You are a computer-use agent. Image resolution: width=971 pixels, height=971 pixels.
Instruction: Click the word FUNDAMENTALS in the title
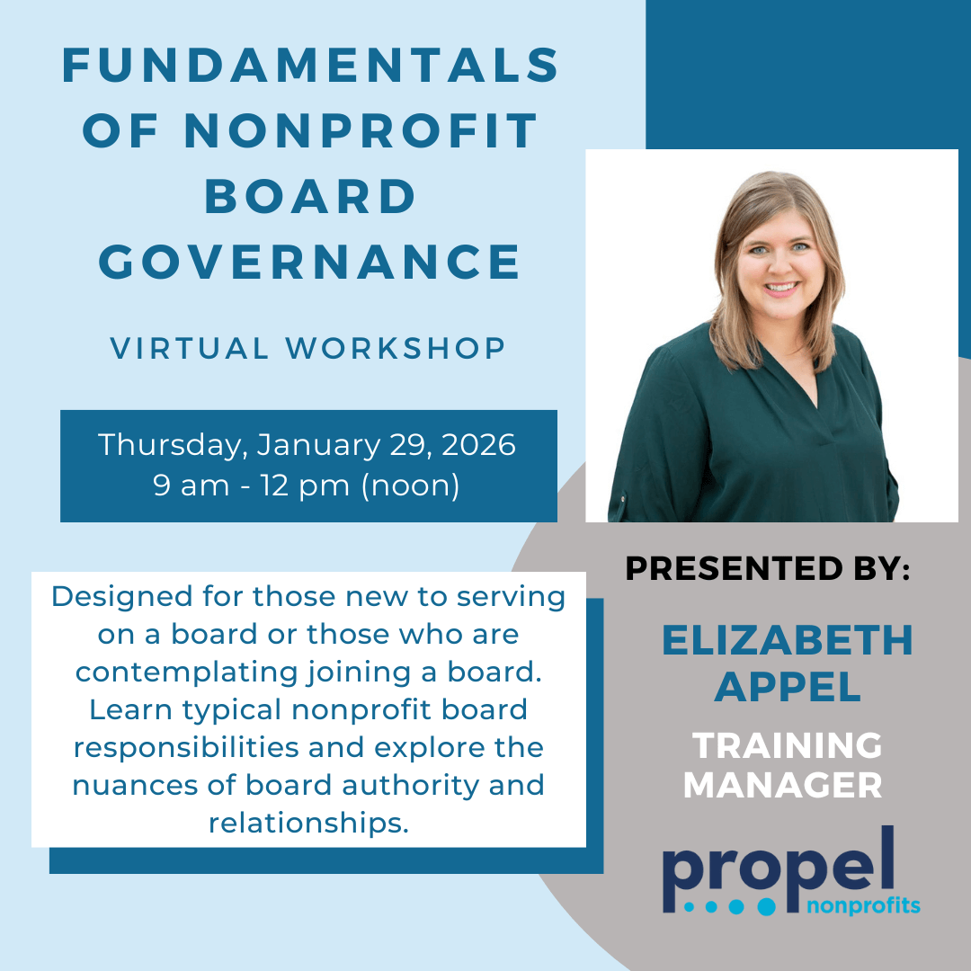[310, 66]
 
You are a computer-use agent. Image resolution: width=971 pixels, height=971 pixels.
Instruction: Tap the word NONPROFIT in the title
[361, 130]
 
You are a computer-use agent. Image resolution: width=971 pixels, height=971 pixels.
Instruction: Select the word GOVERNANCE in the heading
[309, 262]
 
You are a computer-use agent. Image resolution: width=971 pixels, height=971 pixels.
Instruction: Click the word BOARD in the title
[310, 196]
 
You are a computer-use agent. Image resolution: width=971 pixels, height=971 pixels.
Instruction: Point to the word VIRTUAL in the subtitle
[189, 348]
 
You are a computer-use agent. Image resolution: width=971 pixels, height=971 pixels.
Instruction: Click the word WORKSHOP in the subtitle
[395, 348]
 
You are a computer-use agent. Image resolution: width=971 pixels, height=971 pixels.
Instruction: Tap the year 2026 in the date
[478, 445]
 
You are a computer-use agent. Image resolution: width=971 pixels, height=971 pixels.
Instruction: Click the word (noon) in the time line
[411, 486]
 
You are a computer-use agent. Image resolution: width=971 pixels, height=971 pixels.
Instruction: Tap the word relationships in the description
[309, 824]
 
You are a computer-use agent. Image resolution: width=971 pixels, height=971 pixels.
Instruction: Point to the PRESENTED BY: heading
[768, 568]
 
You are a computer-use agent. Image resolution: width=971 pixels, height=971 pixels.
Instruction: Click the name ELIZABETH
[787, 640]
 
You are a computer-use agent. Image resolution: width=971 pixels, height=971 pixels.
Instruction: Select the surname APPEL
[787, 687]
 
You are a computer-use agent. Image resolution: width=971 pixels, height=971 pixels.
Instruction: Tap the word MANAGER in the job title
[783, 785]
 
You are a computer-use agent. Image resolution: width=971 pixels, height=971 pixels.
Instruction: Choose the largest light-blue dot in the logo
[767, 907]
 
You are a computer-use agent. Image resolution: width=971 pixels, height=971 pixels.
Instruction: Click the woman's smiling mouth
[781, 288]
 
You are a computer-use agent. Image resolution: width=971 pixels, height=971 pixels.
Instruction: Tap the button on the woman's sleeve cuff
[622, 498]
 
